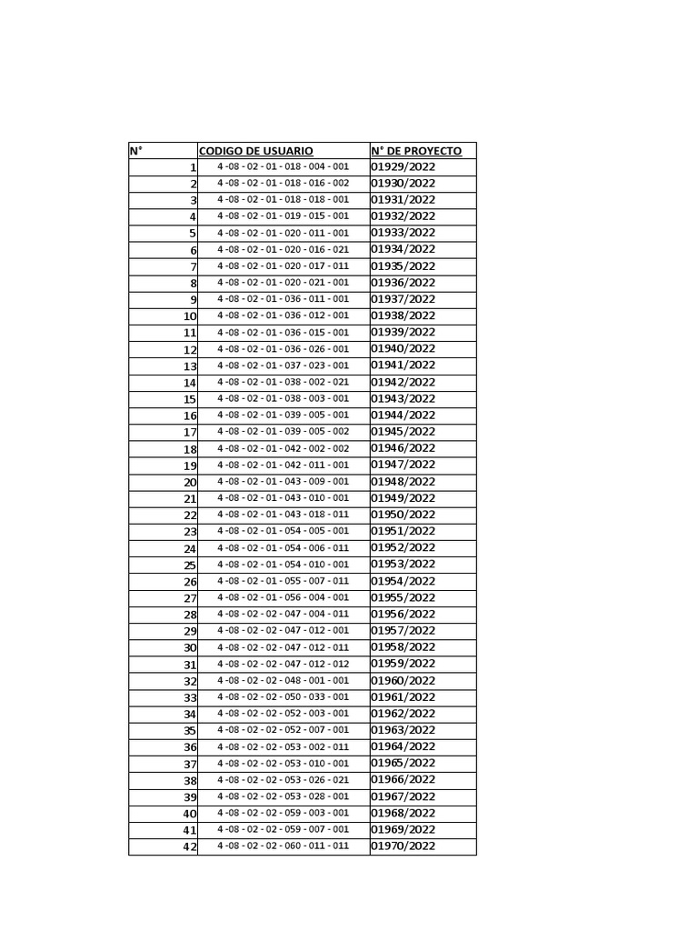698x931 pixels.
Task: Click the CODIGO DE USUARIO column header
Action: (255, 151)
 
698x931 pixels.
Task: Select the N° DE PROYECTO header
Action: (416, 151)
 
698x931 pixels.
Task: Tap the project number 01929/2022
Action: (403, 167)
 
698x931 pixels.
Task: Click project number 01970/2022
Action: (403, 846)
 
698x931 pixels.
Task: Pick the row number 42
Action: (189, 847)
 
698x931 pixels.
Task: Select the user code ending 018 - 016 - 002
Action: (283, 184)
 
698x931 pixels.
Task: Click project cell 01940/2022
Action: (403, 349)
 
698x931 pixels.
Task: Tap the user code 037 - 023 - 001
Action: (283, 365)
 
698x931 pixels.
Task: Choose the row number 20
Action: (189, 483)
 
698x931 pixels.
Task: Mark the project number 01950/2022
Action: (403, 515)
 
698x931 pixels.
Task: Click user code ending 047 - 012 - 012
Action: (283, 664)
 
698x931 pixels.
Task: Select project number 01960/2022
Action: (403, 681)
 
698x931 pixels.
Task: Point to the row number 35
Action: (189, 731)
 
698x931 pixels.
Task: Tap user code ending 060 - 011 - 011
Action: (283, 846)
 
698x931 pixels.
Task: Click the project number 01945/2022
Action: (403, 432)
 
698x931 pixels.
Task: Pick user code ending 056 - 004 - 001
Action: (283, 597)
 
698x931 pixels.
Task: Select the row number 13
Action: (189, 366)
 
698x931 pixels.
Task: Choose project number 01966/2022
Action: (403, 780)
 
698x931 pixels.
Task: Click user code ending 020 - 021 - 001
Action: (283, 283)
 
